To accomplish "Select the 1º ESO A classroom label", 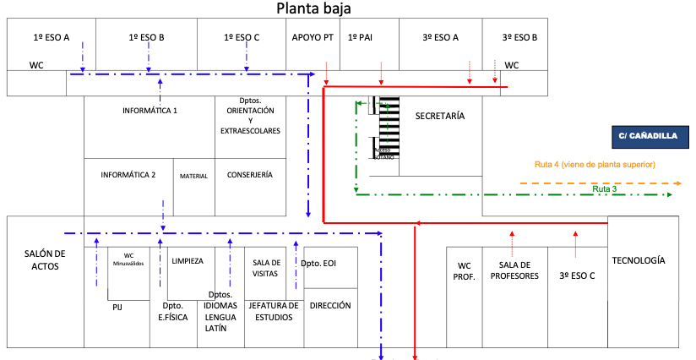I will click(x=51, y=37).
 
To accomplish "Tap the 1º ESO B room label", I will click(x=146, y=37).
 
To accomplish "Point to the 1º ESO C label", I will click(x=242, y=37).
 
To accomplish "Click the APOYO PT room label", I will click(x=313, y=37).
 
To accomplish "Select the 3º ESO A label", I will click(x=440, y=37).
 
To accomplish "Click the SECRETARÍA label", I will click(x=440, y=116).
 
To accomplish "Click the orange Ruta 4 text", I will click(x=595, y=164).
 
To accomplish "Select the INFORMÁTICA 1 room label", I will click(x=150, y=111).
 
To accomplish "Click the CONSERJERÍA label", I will click(x=249, y=175).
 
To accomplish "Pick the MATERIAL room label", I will click(x=193, y=176).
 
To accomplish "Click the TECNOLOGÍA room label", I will click(x=638, y=261).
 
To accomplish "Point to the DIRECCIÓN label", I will click(x=330, y=305).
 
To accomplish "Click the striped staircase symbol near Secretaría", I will click(x=389, y=127).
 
